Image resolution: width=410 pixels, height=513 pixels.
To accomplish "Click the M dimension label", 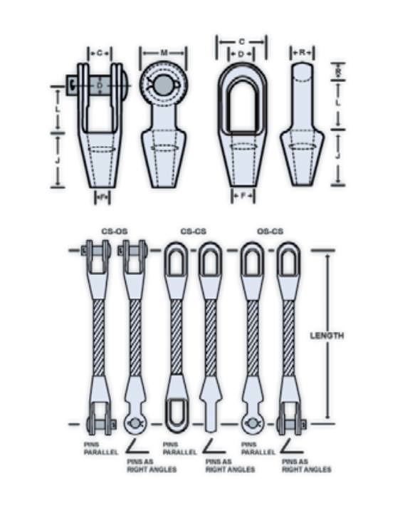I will coord(164,53).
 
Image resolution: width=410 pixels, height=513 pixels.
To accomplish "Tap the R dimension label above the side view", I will coord(303,52).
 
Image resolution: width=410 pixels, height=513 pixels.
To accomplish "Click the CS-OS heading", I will coord(113,232).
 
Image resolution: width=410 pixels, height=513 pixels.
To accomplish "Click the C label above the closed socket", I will coord(242,42).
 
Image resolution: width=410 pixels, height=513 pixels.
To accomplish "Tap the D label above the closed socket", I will coord(242,53).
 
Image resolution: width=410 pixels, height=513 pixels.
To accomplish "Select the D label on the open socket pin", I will coord(100,84).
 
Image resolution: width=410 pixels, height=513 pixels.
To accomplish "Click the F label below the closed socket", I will coord(243,195).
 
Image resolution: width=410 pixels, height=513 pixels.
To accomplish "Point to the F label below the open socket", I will coord(100,195).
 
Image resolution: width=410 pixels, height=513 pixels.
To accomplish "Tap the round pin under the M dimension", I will coord(163,85).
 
